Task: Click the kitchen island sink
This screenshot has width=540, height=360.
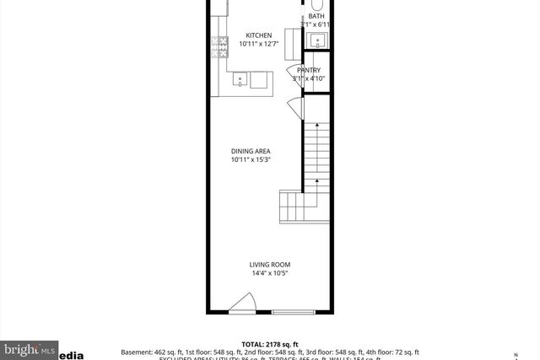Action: pos(240,81)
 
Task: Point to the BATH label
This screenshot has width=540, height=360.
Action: pos(316,16)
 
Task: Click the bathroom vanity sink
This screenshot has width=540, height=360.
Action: pos(318,40)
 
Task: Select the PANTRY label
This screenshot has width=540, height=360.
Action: pos(309,70)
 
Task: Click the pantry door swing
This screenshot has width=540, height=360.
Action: pos(292,71)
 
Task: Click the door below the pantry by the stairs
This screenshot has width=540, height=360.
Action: pos(293,106)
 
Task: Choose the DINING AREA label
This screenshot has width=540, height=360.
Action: pos(251,152)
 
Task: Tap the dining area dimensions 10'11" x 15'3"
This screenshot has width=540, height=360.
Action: pos(251,160)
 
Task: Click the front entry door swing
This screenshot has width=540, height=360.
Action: pos(243,304)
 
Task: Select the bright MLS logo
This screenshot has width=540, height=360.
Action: pos(30,348)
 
